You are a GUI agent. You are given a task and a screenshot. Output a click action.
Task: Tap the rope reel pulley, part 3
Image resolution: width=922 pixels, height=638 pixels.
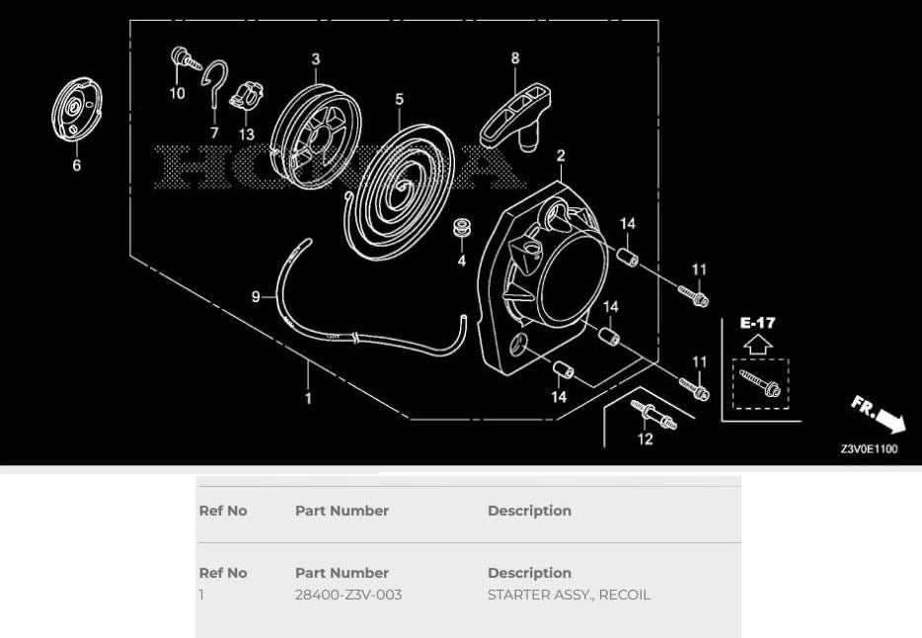coord(316,137)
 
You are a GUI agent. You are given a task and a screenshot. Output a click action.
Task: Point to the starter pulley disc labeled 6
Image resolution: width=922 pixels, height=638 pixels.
coord(76,110)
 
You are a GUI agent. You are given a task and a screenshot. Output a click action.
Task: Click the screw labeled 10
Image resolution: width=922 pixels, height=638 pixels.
coord(186,59)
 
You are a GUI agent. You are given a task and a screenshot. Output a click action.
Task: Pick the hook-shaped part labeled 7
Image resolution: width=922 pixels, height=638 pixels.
coord(214,83)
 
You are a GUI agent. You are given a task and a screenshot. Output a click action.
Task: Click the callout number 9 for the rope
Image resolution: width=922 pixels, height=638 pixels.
coord(256,297)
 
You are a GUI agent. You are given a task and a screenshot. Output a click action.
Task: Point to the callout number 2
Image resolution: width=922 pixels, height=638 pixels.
coord(561,155)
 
